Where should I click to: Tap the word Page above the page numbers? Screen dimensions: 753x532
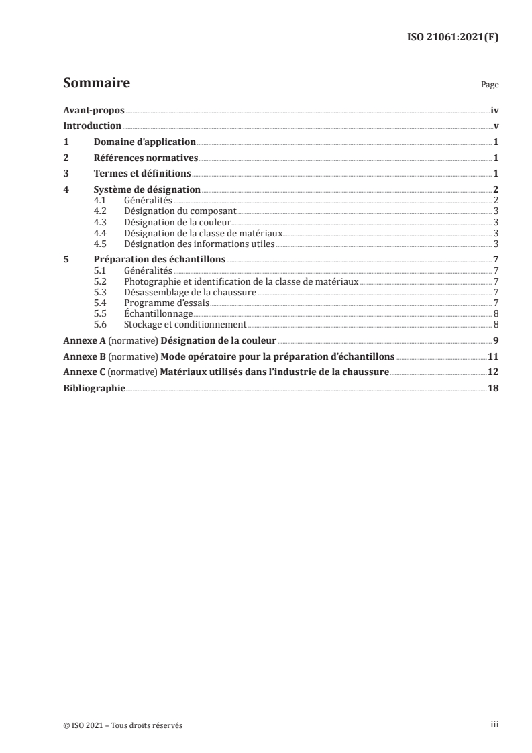point(490,86)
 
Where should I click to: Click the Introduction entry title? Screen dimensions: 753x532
point(92,126)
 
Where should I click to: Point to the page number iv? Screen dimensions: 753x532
point(494,110)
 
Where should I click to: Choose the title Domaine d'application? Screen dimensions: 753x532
point(144,142)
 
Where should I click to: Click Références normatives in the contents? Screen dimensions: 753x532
point(146,158)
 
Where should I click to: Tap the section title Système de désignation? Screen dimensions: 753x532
point(147,191)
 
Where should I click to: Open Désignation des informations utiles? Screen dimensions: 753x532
point(199,244)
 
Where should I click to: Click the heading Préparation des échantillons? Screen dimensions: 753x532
point(159,260)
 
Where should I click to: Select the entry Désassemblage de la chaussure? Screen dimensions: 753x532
point(190,292)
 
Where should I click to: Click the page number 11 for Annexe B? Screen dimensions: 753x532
point(492,356)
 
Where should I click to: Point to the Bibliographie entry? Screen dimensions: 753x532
point(93,389)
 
